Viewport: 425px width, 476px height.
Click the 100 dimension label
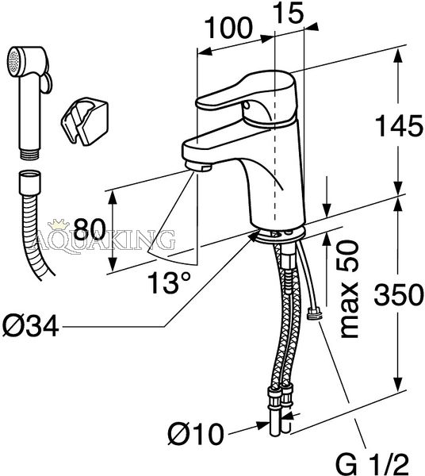228,28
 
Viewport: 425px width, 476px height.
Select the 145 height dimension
399,125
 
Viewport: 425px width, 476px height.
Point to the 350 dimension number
398,295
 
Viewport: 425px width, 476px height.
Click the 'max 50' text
349,289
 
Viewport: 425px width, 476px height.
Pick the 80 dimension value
90,229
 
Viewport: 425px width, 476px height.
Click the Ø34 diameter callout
30,327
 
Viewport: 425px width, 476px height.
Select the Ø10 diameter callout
196,434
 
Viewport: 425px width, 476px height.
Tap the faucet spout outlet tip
198,167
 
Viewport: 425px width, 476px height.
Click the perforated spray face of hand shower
13,63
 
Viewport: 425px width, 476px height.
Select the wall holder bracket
84,121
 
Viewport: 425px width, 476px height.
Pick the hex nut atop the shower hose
29,183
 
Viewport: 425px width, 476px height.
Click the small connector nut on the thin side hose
314,313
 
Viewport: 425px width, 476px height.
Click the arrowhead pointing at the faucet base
254,235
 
